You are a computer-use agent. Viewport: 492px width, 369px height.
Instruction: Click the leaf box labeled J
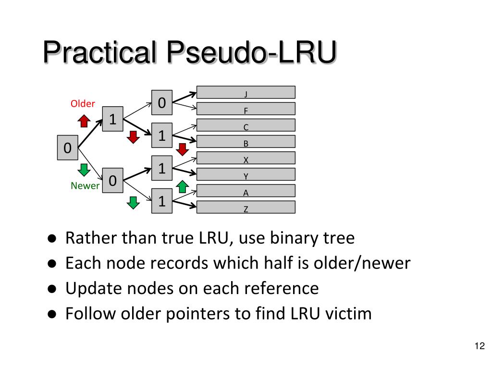[246, 92]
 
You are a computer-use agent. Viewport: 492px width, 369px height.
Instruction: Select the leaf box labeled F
[246, 109]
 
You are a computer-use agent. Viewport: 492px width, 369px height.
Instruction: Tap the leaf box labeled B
[246, 141]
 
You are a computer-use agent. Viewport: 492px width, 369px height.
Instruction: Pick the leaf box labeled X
[246, 158]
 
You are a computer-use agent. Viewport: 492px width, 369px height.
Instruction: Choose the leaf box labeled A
[246, 191]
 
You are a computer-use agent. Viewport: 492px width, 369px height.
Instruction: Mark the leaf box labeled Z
[246, 207]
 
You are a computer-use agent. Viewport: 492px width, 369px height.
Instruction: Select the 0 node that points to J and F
[162, 103]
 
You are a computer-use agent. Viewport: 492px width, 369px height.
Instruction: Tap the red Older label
[83, 104]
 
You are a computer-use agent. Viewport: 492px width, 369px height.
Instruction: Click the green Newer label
[85, 186]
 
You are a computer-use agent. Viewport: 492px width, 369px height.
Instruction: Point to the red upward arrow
[85, 121]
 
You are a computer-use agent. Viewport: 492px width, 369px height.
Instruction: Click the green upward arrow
[182, 186]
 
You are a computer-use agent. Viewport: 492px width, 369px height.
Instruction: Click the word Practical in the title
[99, 52]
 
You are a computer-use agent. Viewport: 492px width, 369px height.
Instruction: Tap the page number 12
[479, 346]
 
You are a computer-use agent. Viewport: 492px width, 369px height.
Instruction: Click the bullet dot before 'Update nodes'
[52, 289]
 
